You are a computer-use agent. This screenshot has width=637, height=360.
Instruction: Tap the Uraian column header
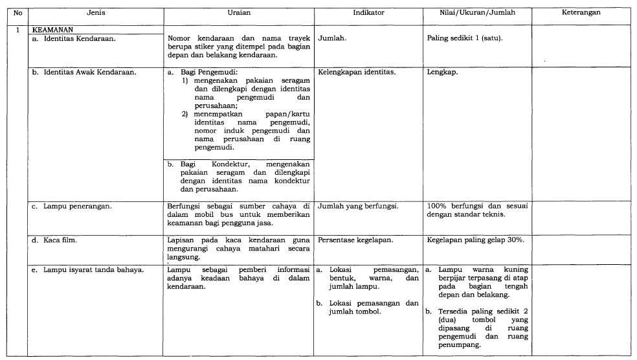pyautogui.click(x=239, y=12)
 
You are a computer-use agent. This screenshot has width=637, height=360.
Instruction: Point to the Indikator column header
pyautogui.click(x=368, y=12)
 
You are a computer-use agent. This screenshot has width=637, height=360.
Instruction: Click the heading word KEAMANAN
pyautogui.click(x=52, y=29)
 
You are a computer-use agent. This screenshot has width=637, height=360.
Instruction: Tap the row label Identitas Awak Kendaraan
pyautogui.click(x=84, y=72)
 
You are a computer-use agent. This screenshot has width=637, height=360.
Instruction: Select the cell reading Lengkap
pyautogui.click(x=442, y=72)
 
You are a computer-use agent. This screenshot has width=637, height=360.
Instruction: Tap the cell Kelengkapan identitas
pyautogui.click(x=357, y=72)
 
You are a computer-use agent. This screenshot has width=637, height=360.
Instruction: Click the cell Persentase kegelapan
pyautogui.click(x=355, y=240)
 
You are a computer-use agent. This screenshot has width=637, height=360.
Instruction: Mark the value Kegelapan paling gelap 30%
pyautogui.click(x=475, y=240)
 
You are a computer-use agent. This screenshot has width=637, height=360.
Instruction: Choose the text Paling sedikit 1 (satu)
pyautogui.click(x=465, y=38)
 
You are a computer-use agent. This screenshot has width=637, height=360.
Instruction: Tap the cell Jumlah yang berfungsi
pyautogui.click(x=358, y=207)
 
